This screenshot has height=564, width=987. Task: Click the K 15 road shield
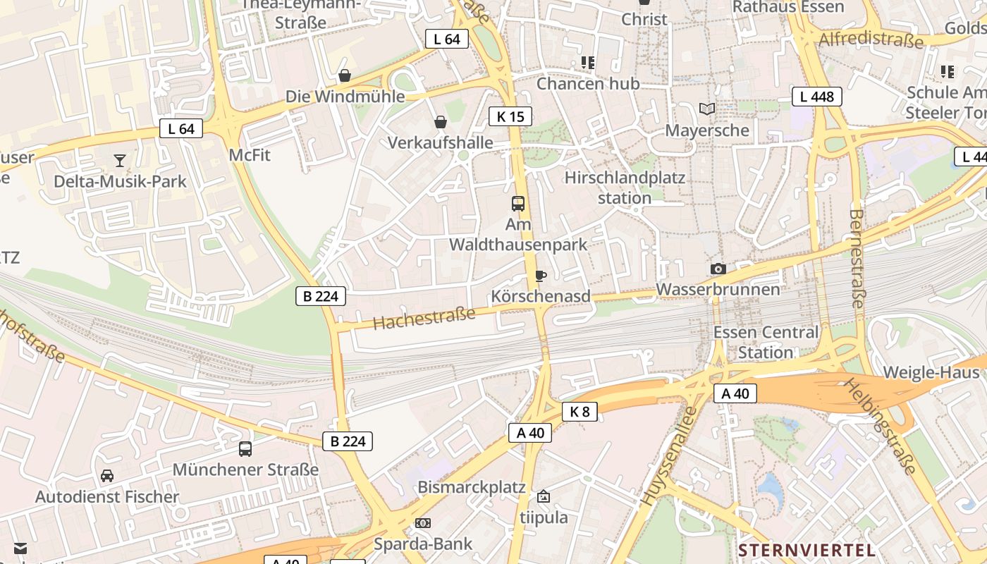[510, 116]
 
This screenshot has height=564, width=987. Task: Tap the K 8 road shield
[580, 412]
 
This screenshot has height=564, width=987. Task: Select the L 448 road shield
[817, 97]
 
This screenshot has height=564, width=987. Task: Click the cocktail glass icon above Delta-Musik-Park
[120, 161]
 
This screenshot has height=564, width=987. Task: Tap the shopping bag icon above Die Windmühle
[345, 75]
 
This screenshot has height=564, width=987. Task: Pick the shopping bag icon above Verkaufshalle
[441, 122]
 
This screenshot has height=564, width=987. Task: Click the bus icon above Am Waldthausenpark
[518, 204]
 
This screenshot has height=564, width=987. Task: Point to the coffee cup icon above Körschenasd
[541, 276]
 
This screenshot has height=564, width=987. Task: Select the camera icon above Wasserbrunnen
[718, 269]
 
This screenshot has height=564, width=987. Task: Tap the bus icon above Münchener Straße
[245, 448]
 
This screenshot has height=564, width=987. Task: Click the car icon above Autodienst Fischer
[107, 476]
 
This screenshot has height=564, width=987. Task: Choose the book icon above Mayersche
[707, 109]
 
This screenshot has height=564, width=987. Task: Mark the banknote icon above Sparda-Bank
[423, 523]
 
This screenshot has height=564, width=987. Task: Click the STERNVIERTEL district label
[807, 550]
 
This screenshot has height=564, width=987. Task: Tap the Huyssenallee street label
[668, 457]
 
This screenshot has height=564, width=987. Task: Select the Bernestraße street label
[857, 258]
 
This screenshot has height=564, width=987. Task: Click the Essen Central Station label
[766, 342]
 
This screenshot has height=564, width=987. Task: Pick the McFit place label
[250, 154]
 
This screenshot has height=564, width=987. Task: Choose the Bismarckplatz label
[472, 487]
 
